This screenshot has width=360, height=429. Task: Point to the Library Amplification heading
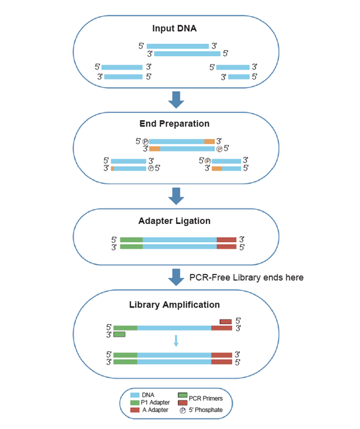point(175,305)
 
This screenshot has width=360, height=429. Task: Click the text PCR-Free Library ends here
point(246,278)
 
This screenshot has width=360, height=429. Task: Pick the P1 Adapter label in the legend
point(156,403)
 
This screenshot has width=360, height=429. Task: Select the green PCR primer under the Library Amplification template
point(119,334)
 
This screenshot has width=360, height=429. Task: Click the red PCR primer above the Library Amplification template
point(226,321)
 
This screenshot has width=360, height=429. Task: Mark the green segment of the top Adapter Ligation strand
point(131,239)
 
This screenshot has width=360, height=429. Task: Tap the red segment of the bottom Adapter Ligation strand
point(226,247)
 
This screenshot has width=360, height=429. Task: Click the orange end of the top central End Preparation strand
point(209,141)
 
